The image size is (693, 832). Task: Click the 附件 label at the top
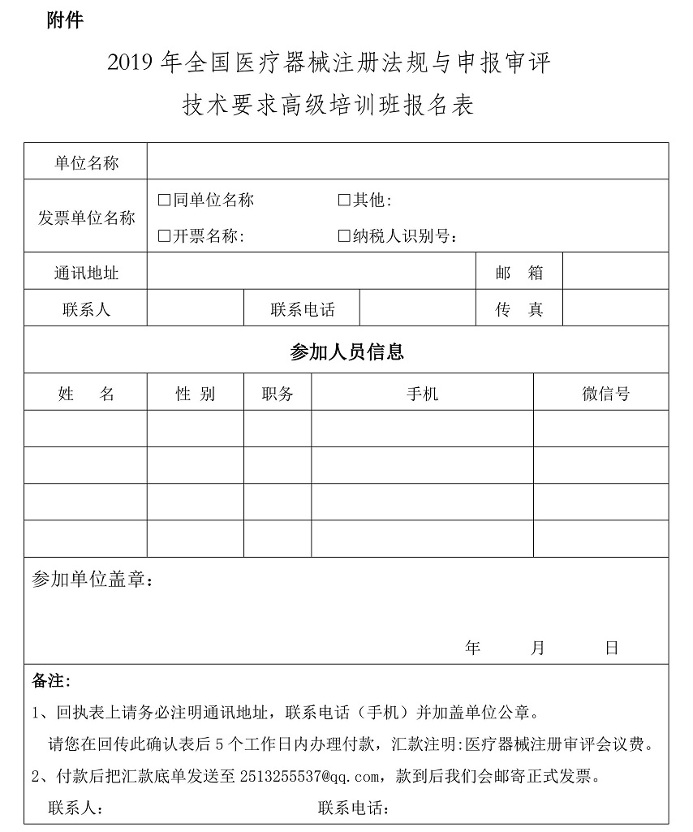65,21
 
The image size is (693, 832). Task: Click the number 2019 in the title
131,63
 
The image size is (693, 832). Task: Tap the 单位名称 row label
86,162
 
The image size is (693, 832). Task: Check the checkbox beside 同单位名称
164,200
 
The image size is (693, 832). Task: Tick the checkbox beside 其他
343,200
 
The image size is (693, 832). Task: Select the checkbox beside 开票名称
164,236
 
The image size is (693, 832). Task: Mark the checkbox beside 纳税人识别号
343,236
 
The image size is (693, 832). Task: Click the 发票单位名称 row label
86,218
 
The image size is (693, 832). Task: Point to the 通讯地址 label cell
86,273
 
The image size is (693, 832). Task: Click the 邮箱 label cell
519,273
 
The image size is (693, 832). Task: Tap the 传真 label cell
519,309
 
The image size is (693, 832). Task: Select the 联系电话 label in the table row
302,309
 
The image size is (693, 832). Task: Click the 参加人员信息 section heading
346,351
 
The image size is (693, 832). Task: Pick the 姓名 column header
86,394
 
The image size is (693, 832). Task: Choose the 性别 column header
195,394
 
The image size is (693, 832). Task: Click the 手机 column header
422,394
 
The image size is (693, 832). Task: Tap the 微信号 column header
605,394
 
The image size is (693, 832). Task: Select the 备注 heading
50,679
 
